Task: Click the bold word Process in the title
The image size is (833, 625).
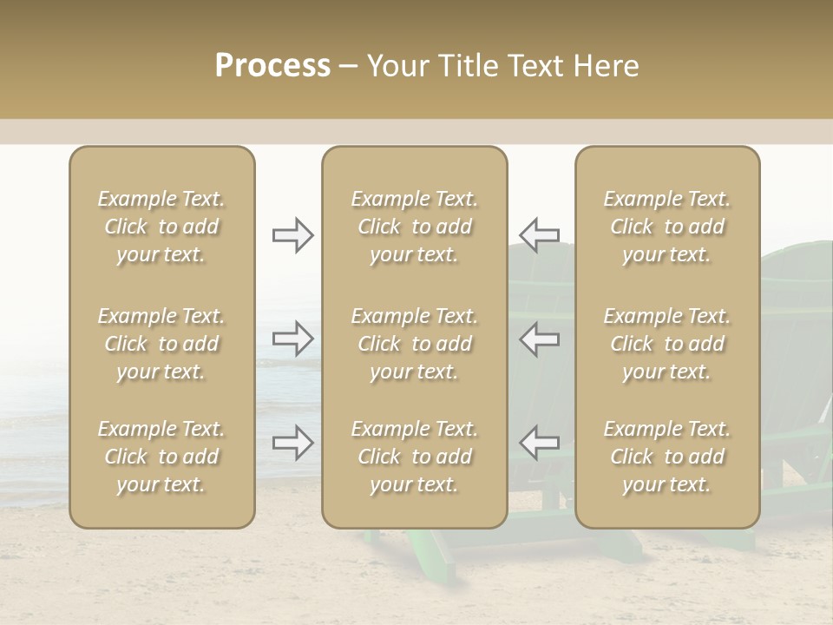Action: coord(272,66)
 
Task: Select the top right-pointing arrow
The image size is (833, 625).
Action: coord(292,235)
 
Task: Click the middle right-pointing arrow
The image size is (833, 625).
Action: coord(292,338)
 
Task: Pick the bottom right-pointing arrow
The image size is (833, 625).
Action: coord(292,443)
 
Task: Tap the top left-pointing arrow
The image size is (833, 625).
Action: coord(539,235)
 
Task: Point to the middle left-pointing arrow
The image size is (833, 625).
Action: coord(539,338)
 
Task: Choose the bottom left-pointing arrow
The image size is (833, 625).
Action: coord(539,443)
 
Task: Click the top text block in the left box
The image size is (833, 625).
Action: coord(161,227)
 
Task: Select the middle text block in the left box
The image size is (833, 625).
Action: coord(161,344)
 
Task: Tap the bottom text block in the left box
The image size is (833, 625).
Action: coord(161,457)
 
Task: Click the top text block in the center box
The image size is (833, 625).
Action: coord(414,227)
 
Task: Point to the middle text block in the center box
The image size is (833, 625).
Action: coord(414,344)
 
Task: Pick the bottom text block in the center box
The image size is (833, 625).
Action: coord(414,457)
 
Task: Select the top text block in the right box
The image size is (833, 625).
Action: coord(666,227)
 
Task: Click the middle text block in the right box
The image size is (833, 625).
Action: coord(666,344)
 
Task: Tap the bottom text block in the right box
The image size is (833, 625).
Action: coord(666,457)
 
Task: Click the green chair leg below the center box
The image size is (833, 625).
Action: coord(443,556)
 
